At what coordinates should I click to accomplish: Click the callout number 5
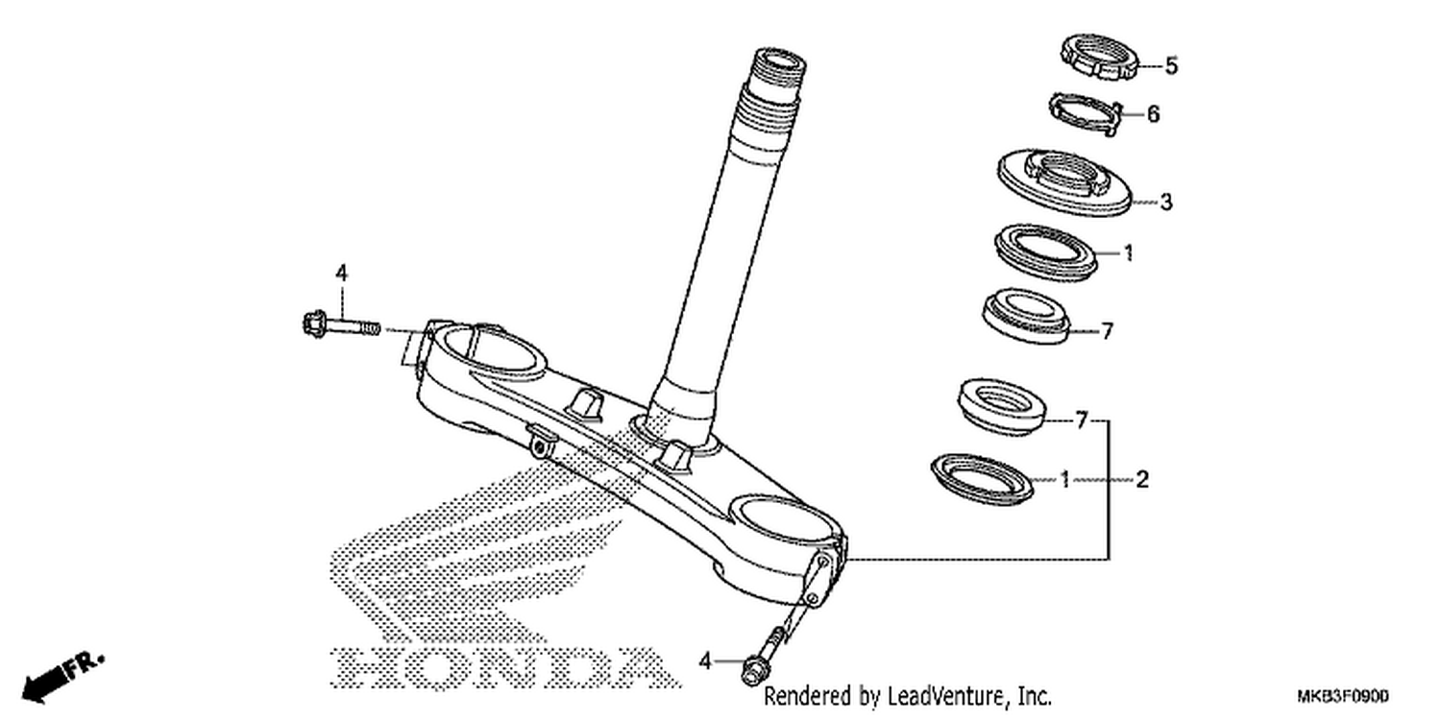pyautogui.click(x=1171, y=65)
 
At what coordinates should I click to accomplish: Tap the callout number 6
pyautogui.click(x=1154, y=114)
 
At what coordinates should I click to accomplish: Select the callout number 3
pyautogui.click(x=1166, y=203)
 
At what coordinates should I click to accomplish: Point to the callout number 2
pyautogui.click(x=1142, y=480)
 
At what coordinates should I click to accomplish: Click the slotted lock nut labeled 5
pyautogui.click(x=1099, y=57)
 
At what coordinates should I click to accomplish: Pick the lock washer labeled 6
pyautogui.click(x=1087, y=114)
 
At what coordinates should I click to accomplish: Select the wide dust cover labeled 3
pyautogui.click(x=1064, y=182)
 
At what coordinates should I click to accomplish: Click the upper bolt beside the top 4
pyautogui.click(x=341, y=325)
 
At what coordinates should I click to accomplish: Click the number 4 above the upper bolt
pyautogui.click(x=342, y=274)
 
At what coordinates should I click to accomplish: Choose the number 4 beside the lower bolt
pyautogui.click(x=706, y=660)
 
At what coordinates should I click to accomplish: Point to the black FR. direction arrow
pyautogui.click(x=62, y=678)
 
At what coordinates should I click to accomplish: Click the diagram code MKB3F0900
pyautogui.click(x=1343, y=697)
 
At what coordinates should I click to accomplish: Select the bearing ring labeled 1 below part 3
pyautogui.click(x=1045, y=252)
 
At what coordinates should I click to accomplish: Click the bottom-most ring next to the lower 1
pyautogui.click(x=983, y=479)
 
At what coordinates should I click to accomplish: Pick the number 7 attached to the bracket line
pyautogui.click(x=1082, y=421)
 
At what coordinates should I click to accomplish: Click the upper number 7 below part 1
pyautogui.click(x=1107, y=332)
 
